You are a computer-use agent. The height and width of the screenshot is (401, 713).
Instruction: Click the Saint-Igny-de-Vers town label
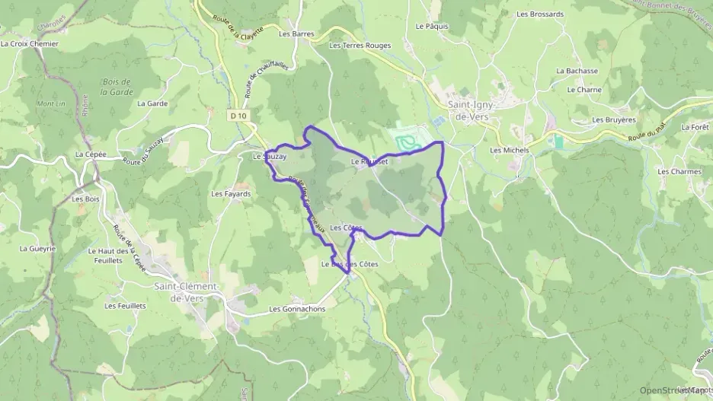[x=470, y=111]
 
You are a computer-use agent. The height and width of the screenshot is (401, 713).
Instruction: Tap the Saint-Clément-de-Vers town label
[x=187, y=291]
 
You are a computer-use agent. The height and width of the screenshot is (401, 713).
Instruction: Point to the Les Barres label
[x=296, y=34]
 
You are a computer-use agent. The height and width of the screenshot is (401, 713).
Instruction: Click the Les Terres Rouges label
[x=360, y=46]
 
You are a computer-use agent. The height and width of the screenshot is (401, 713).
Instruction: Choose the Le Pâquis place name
[x=432, y=26]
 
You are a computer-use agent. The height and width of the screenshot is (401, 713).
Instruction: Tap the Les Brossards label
[x=540, y=14]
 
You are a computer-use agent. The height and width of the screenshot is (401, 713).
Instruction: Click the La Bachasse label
[x=577, y=71]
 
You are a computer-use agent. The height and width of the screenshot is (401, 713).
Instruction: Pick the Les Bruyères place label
[x=614, y=119]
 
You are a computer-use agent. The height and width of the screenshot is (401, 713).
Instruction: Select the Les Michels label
[x=510, y=150]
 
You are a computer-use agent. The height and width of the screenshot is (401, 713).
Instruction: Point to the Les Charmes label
[x=679, y=172]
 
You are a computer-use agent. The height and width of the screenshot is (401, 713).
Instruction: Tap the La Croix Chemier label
[x=30, y=44]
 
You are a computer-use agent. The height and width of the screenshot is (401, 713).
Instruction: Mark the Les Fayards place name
[x=231, y=194]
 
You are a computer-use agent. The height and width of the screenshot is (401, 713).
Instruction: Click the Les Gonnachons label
[x=297, y=310]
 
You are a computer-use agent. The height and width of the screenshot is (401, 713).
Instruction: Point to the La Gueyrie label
[x=38, y=249]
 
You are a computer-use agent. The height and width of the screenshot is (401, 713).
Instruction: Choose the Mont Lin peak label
[x=51, y=103]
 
